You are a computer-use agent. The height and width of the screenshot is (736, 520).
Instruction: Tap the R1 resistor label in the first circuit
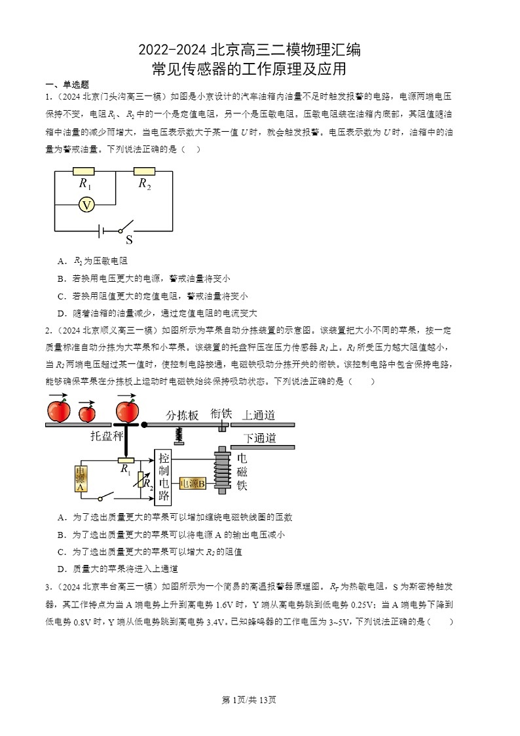(x=84, y=184)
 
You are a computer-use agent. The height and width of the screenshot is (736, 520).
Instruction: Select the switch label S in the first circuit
(x=129, y=240)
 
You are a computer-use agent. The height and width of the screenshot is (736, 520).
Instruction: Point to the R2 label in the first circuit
(x=145, y=184)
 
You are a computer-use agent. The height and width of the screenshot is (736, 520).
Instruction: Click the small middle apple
(x=86, y=413)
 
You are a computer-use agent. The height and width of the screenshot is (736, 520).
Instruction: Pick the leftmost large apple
(x=59, y=411)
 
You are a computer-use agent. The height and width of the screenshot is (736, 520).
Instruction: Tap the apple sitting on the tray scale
(x=127, y=410)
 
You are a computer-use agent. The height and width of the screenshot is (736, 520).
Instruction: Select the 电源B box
(x=193, y=484)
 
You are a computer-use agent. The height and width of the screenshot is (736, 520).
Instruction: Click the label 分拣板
(x=182, y=415)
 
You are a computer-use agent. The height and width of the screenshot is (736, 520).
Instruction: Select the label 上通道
(x=259, y=415)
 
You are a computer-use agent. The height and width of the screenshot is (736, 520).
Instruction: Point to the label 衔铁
(x=221, y=414)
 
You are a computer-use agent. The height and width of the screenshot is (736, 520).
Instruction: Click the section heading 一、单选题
(x=67, y=85)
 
